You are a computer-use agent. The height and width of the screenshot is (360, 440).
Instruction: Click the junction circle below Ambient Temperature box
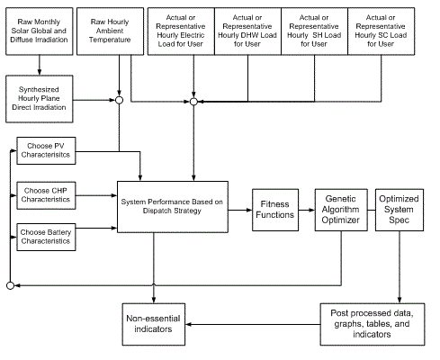pos(119,92)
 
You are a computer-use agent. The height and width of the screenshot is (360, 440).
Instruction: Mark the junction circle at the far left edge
pos(9,285)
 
